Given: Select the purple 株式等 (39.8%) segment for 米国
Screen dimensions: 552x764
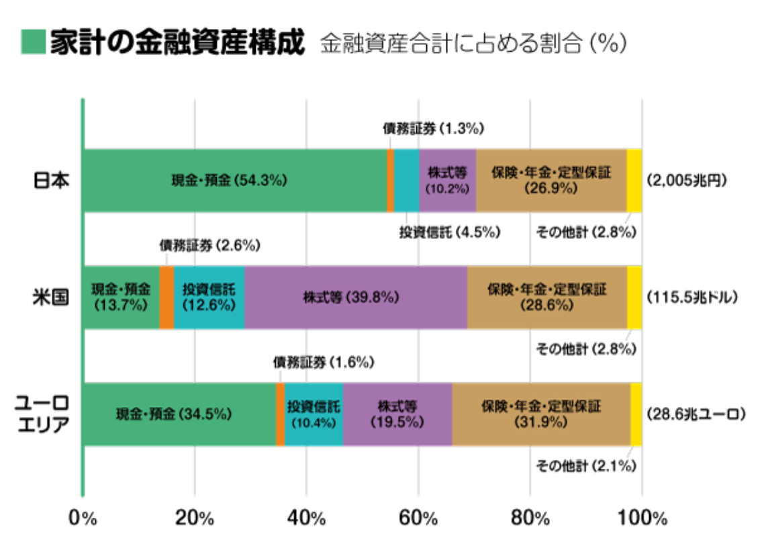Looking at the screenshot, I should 355,297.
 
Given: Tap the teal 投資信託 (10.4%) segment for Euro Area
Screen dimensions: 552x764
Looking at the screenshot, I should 314,414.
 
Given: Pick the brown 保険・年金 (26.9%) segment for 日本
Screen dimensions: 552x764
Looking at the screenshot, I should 551,181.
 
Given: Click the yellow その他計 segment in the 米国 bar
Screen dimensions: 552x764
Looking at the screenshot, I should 634,297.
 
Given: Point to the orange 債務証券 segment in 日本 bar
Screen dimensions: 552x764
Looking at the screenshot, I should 390,181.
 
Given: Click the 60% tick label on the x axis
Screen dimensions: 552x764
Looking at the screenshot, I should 418,519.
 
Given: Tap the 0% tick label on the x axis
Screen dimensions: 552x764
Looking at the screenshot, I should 83,519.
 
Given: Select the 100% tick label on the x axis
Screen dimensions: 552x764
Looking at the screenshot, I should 643,519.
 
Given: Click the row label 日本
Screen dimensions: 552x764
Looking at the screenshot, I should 52,181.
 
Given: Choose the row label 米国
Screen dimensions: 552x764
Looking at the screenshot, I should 52,297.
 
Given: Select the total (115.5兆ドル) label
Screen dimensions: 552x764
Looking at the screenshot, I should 691,297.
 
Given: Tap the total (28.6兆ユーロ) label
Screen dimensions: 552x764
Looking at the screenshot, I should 696,414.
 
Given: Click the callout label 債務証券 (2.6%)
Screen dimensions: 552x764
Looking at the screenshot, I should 209,246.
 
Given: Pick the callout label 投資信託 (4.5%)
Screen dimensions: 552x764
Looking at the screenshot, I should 450,232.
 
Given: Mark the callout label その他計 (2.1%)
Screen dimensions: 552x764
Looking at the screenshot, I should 585,465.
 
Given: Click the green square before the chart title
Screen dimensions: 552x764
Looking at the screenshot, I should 34,42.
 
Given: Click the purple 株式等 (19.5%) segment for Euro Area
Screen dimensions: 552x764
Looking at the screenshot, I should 397,414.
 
